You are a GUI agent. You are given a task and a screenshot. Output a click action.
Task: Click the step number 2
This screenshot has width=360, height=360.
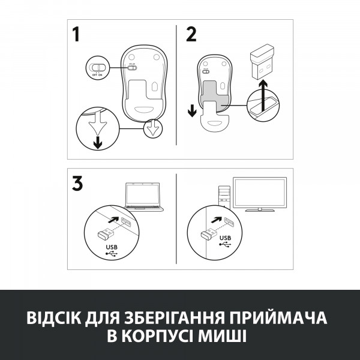[191, 35]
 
